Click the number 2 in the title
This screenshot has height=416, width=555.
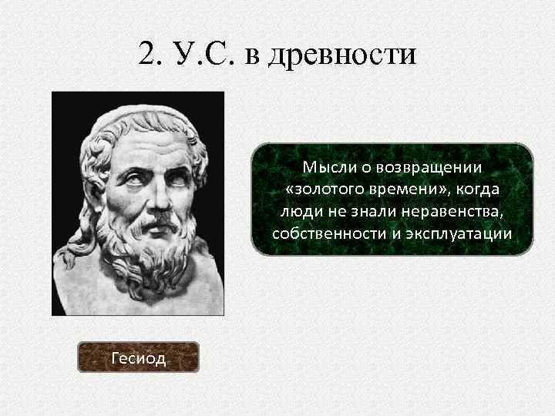148,53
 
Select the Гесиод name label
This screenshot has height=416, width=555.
139,358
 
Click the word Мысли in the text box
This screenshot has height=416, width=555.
325,167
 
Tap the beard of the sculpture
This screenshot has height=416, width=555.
150,254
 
